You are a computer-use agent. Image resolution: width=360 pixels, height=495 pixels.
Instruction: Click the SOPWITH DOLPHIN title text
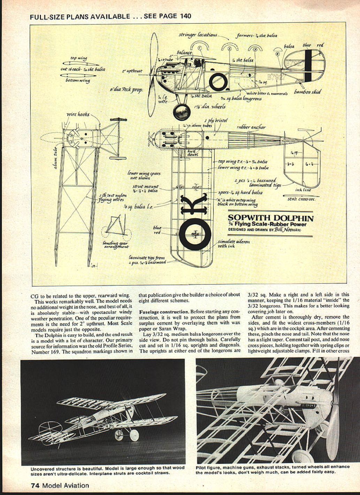(x=270, y=218)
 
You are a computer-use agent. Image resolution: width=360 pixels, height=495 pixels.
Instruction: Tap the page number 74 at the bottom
(x=34, y=485)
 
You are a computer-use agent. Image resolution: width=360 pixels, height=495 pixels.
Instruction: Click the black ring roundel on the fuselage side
(x=219, y=81)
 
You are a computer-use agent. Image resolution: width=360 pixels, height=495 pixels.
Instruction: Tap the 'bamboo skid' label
(x=307, y=92)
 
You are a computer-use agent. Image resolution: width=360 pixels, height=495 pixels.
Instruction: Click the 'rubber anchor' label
(x=251, y=127)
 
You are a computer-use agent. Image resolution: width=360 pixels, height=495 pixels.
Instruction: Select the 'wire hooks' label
(x=78, y=114)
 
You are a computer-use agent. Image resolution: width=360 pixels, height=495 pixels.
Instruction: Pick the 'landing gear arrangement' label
(x=116, y=245)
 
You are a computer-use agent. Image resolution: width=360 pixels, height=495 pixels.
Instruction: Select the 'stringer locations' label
(x=198, y=34)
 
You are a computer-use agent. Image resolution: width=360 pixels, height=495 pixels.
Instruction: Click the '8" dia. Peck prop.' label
(x=126, y=90)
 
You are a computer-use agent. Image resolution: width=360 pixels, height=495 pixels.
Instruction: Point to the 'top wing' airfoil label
(x=79, y=58)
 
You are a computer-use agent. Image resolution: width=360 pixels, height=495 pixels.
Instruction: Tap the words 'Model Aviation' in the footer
(x=66, y=485)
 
